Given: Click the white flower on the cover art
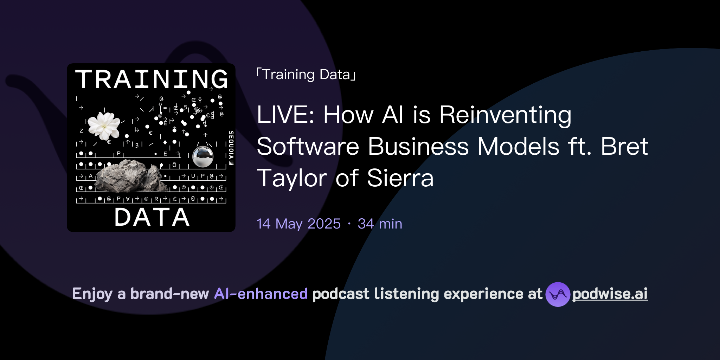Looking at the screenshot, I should point(104,126).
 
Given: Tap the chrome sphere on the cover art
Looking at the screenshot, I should point(203,157).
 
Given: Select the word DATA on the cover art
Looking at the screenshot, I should point(152,217).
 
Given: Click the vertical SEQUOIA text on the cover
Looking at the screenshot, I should point(231,148).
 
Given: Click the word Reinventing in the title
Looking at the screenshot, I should point(505,115).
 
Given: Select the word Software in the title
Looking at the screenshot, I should point(308,146).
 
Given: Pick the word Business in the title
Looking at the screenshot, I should point(418,146).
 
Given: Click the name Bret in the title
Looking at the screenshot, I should point(624,146).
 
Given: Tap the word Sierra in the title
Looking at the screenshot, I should point(400,178).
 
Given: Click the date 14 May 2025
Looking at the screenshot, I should point(298,224).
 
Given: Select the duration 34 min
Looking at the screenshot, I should point(380,224).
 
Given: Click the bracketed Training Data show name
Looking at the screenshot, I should point(306,75).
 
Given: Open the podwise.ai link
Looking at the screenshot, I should point(610,294).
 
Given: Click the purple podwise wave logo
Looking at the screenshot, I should point(558,294).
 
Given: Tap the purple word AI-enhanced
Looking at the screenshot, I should point(261,294).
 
